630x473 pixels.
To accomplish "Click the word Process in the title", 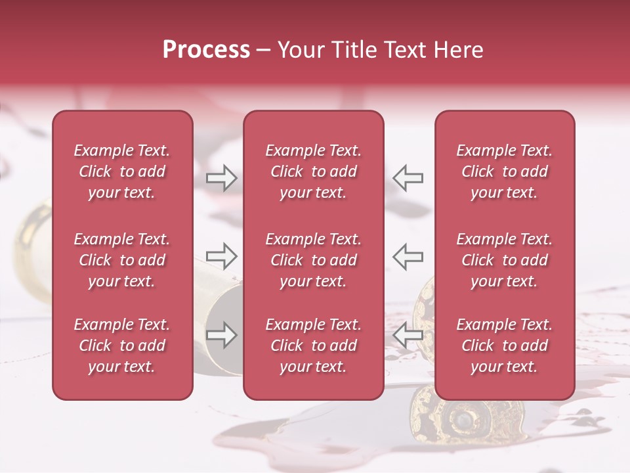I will (x=206, y=50).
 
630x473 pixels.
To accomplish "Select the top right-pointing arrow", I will (x=222, y=178).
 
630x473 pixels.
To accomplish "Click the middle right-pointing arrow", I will (x=222, y=257).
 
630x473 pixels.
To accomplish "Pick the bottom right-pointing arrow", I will (x=222, y=335).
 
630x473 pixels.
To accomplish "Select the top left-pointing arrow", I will (x=408, y=178).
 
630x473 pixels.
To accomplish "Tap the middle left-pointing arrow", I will (x=408, y=257).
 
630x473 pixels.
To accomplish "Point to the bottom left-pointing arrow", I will (x=408, y=335).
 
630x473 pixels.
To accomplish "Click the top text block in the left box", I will (x=122, y=171).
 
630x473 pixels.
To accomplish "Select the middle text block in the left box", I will (x=122, y=260).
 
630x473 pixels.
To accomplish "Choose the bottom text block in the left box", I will (x=122, y=346).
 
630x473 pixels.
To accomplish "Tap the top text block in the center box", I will (x=313, y=171).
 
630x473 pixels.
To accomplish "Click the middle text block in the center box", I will (x=313, y=260).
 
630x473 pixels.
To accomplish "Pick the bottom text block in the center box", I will (x=313, y=346).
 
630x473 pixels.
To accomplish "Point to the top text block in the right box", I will (x=504, y=171).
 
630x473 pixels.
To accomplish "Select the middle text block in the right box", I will (x=504, y=260).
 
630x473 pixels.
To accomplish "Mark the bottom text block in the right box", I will (x=504, y=346).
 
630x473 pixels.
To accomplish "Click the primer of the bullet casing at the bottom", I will (x=464, y=418).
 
